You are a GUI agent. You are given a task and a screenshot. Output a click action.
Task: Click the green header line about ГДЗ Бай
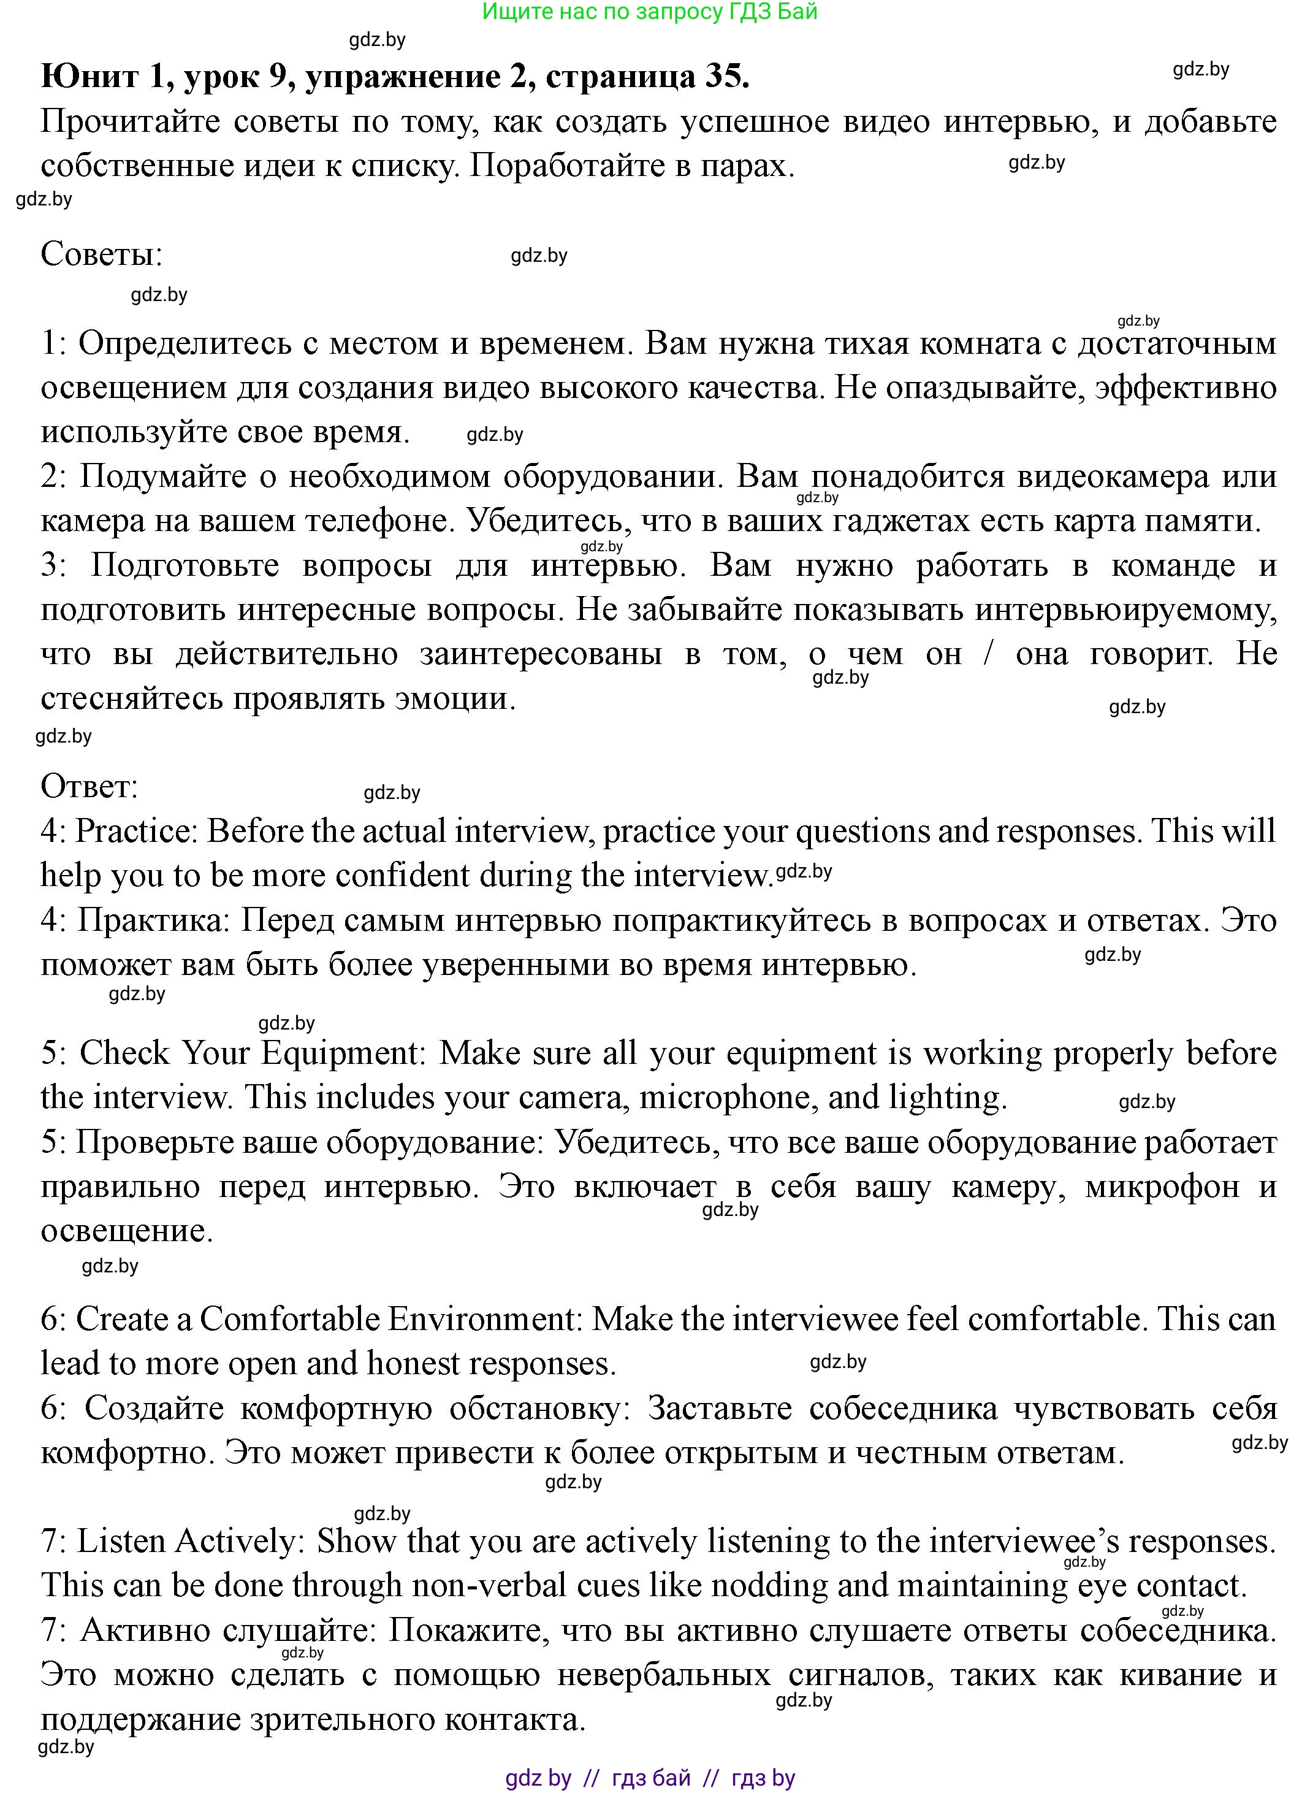click(649, 12)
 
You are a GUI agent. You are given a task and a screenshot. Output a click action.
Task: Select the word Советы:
click(101, 254)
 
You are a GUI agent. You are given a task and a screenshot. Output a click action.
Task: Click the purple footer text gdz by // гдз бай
click(649, 1779)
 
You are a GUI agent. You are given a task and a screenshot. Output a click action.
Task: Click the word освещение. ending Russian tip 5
click(126, 1231)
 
